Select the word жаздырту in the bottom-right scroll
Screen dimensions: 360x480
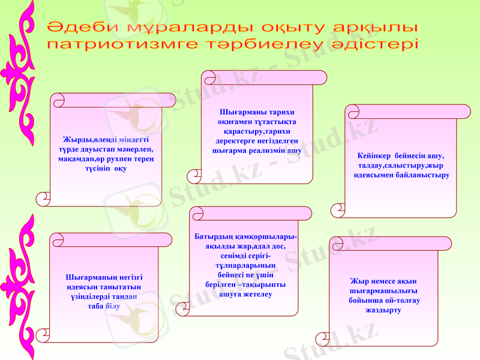tap(383, 310)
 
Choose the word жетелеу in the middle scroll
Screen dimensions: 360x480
tap(258, 294)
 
